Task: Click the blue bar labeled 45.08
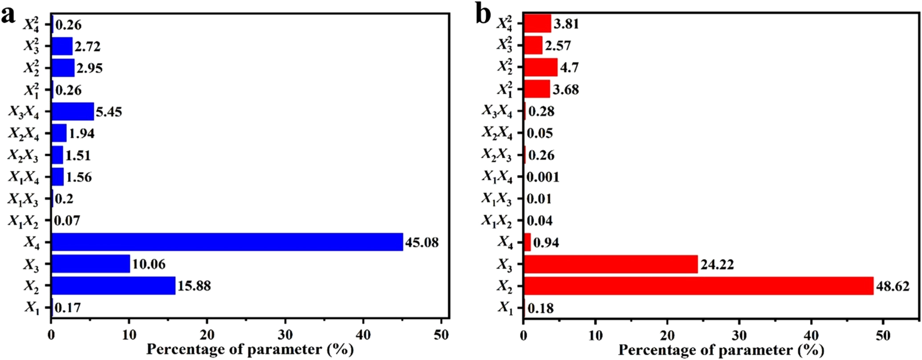click(x=227, y=242)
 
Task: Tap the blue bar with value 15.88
click(x=114, y=286)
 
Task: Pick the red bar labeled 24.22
click(x=611, y=264)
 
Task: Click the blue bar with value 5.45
click(x=73, y=111)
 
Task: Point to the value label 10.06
click(x=149, y=265)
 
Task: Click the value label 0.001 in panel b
click(x=543, y=177)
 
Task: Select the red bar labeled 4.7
click(x=540, y=68)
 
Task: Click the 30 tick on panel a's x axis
click(x=285, y=335)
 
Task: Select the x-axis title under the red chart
click(x=722, y=350)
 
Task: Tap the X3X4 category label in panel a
click(x=24, y=113)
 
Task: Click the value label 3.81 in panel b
click(x=566, y=24)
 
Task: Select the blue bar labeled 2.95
click(x=63, y=68)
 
